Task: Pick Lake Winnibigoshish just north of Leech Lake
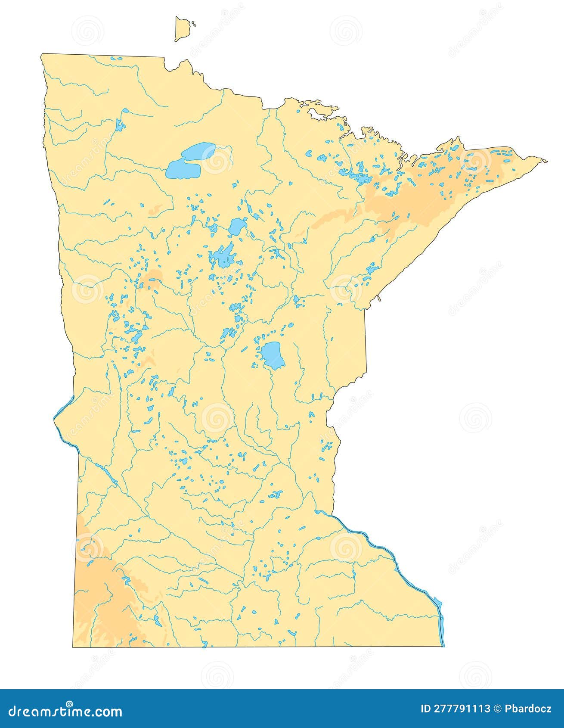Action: point(237,226)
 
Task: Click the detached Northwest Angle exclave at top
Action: point(182,29)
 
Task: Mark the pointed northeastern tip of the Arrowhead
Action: point(546,162)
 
